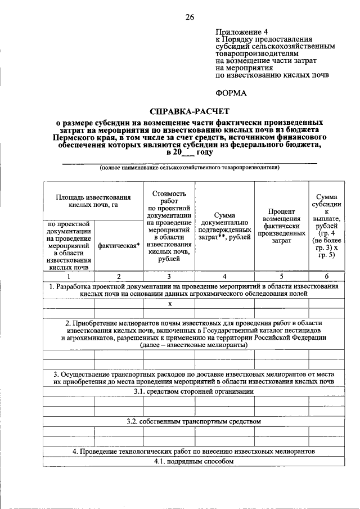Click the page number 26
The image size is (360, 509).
click(190, 17)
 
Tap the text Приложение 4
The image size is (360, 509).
click(242, 32)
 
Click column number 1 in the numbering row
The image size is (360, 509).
click(68, 276)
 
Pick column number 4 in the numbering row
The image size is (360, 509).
click(224, 276)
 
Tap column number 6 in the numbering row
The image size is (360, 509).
click(326, 276)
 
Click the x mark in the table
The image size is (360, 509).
click(169, 304)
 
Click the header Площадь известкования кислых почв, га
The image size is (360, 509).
click(93, 201)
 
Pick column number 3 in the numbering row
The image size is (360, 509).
click(169, 276)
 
